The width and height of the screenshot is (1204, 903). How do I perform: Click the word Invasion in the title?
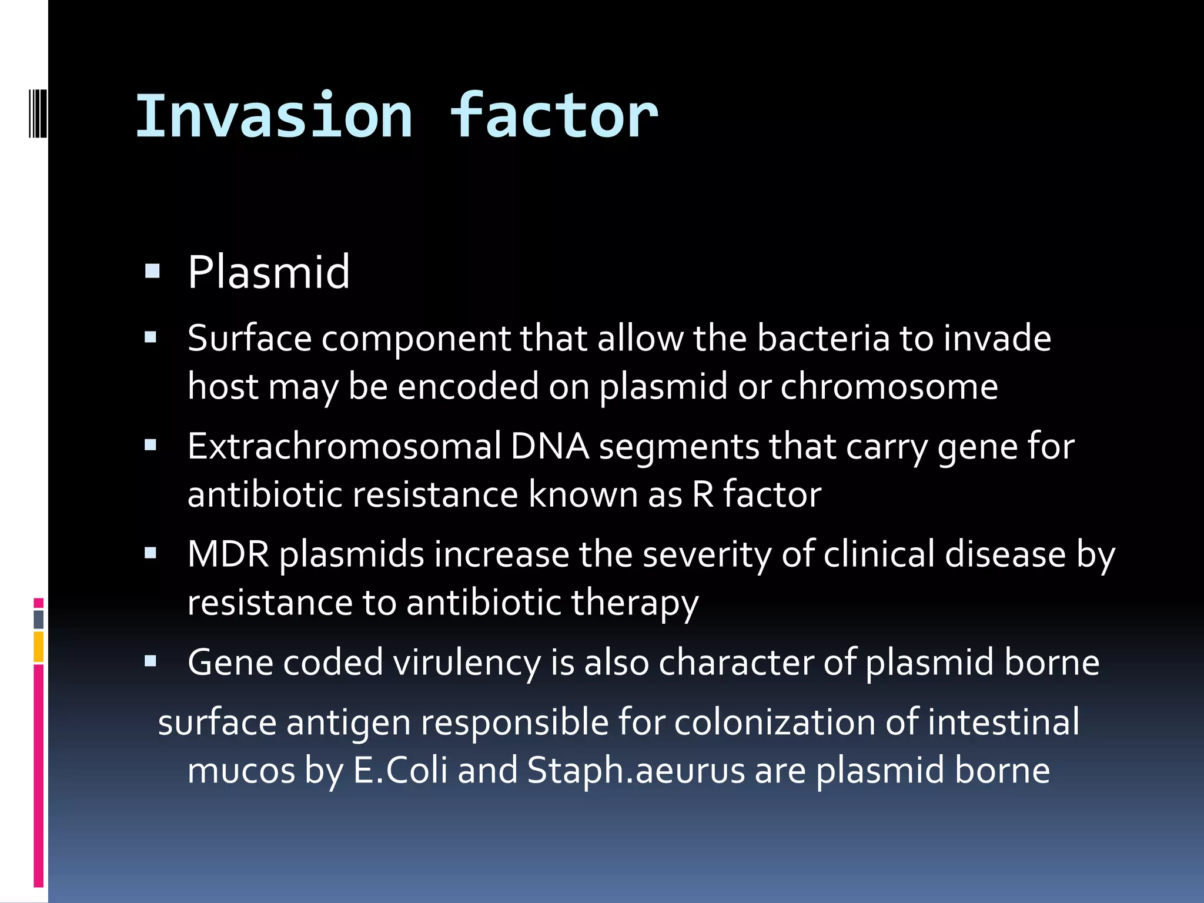pyautogui.click(x=274, y=116)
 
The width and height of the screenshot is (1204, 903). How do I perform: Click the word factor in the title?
pyautogui.click(x=554, y=116)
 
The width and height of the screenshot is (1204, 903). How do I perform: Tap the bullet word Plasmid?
pyautogui.click(x=269, y=273)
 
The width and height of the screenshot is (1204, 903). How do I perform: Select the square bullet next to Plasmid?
pyautogui.click(x=152, y=271)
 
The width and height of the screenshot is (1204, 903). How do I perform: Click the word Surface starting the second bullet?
pyautogui.click(x=249, y=339)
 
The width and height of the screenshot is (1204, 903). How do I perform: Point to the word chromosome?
pyautogui.click(x=888, y=387)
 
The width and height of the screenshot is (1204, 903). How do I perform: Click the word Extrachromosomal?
pyautogui.click(x=344, y=447)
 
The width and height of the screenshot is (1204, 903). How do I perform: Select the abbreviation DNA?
pyautogui.click(x=550, y=447)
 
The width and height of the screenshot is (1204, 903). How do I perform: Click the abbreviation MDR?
pyautogui.click(x=228, y=554)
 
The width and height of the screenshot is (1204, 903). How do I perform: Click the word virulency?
pyautogui.click(x=467, y=663)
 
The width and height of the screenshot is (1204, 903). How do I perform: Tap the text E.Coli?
pyautogui.click(x=400, y=771)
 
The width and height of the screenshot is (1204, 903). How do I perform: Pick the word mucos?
pyautogui.click(x=241, y=771)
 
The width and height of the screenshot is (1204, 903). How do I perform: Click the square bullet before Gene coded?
pyautogui.click(x=151, y=662)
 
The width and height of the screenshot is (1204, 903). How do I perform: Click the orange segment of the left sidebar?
pyautogui.click(x=39, y=647)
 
